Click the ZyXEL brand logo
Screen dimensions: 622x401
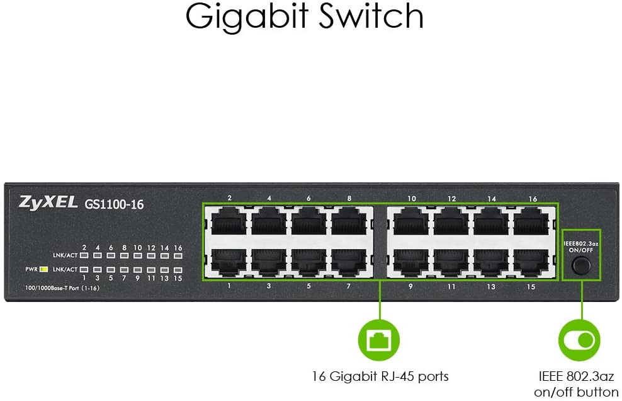coord(48,202)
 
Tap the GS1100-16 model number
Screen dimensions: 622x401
coord(114,204)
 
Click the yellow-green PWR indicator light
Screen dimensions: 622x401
coord(44,269)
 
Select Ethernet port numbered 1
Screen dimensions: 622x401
coord(229,262)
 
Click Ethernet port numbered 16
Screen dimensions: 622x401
coord(531,222)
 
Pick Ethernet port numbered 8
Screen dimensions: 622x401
coord(349,222)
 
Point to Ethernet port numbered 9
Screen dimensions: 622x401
coord(411,262)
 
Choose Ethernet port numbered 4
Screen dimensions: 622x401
coord(269,222)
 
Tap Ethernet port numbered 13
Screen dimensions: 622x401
coord(491,262)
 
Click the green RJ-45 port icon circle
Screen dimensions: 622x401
coord(379,340)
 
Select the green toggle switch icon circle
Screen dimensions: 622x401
coord(579,340)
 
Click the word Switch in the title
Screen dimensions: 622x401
coord(371,16)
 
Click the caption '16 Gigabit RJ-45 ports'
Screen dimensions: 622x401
coord(380,376)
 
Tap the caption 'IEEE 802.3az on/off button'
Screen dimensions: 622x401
coord(577,384)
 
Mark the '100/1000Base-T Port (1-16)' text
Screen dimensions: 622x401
coord(62,288)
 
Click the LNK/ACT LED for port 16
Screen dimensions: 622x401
coord(178,255)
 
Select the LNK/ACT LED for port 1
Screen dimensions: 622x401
coord(84,269)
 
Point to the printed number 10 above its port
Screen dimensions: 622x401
coord(412,199)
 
